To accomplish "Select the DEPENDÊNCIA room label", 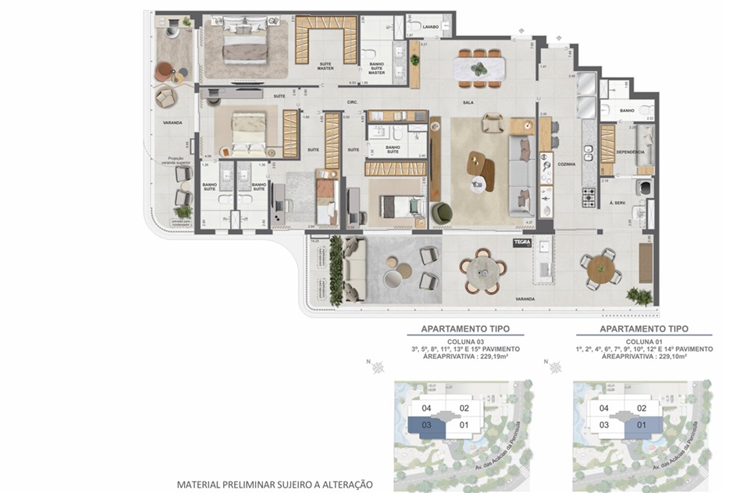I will pos(629,152).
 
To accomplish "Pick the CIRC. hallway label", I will pos(352,102).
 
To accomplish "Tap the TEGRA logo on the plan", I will pos(521,243).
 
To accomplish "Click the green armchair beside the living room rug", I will pos(441,211).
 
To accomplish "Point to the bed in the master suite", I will pos(246,43).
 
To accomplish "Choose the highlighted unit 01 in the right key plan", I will pos(642,425).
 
